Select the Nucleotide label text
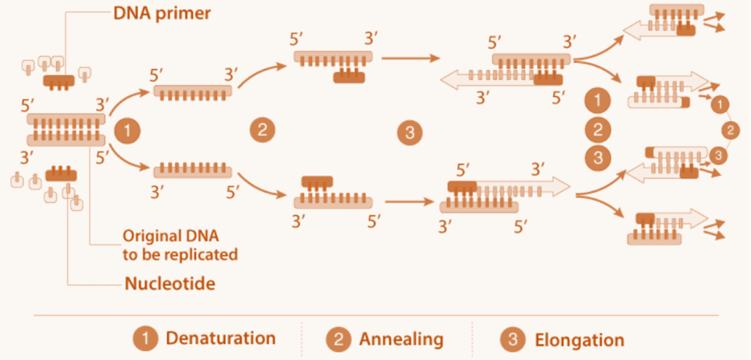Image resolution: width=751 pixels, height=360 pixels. [169, 282]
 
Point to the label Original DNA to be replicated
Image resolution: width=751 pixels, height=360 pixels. [180, 245]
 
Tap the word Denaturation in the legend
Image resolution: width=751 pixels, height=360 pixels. [221, 339]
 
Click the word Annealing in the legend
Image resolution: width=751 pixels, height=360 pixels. [401, 339]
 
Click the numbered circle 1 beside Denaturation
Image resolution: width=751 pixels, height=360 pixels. [145, 339]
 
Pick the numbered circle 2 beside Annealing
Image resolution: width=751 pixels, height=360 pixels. [339, 339]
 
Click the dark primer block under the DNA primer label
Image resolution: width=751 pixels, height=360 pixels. [59, 80]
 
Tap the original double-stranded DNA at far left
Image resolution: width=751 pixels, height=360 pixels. [65, 129]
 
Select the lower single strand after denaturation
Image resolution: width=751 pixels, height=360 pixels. [192, 171]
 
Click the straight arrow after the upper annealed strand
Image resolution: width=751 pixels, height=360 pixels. [411, 56]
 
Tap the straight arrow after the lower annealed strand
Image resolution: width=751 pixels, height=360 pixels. [411, 200]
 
